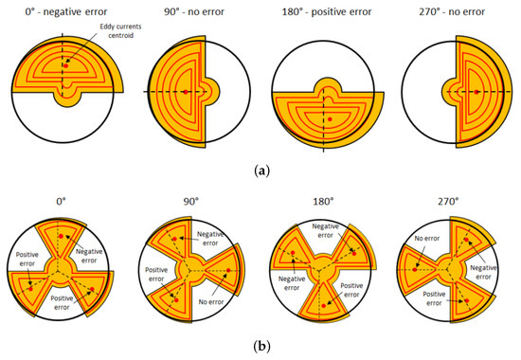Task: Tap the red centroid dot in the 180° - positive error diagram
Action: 328,120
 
